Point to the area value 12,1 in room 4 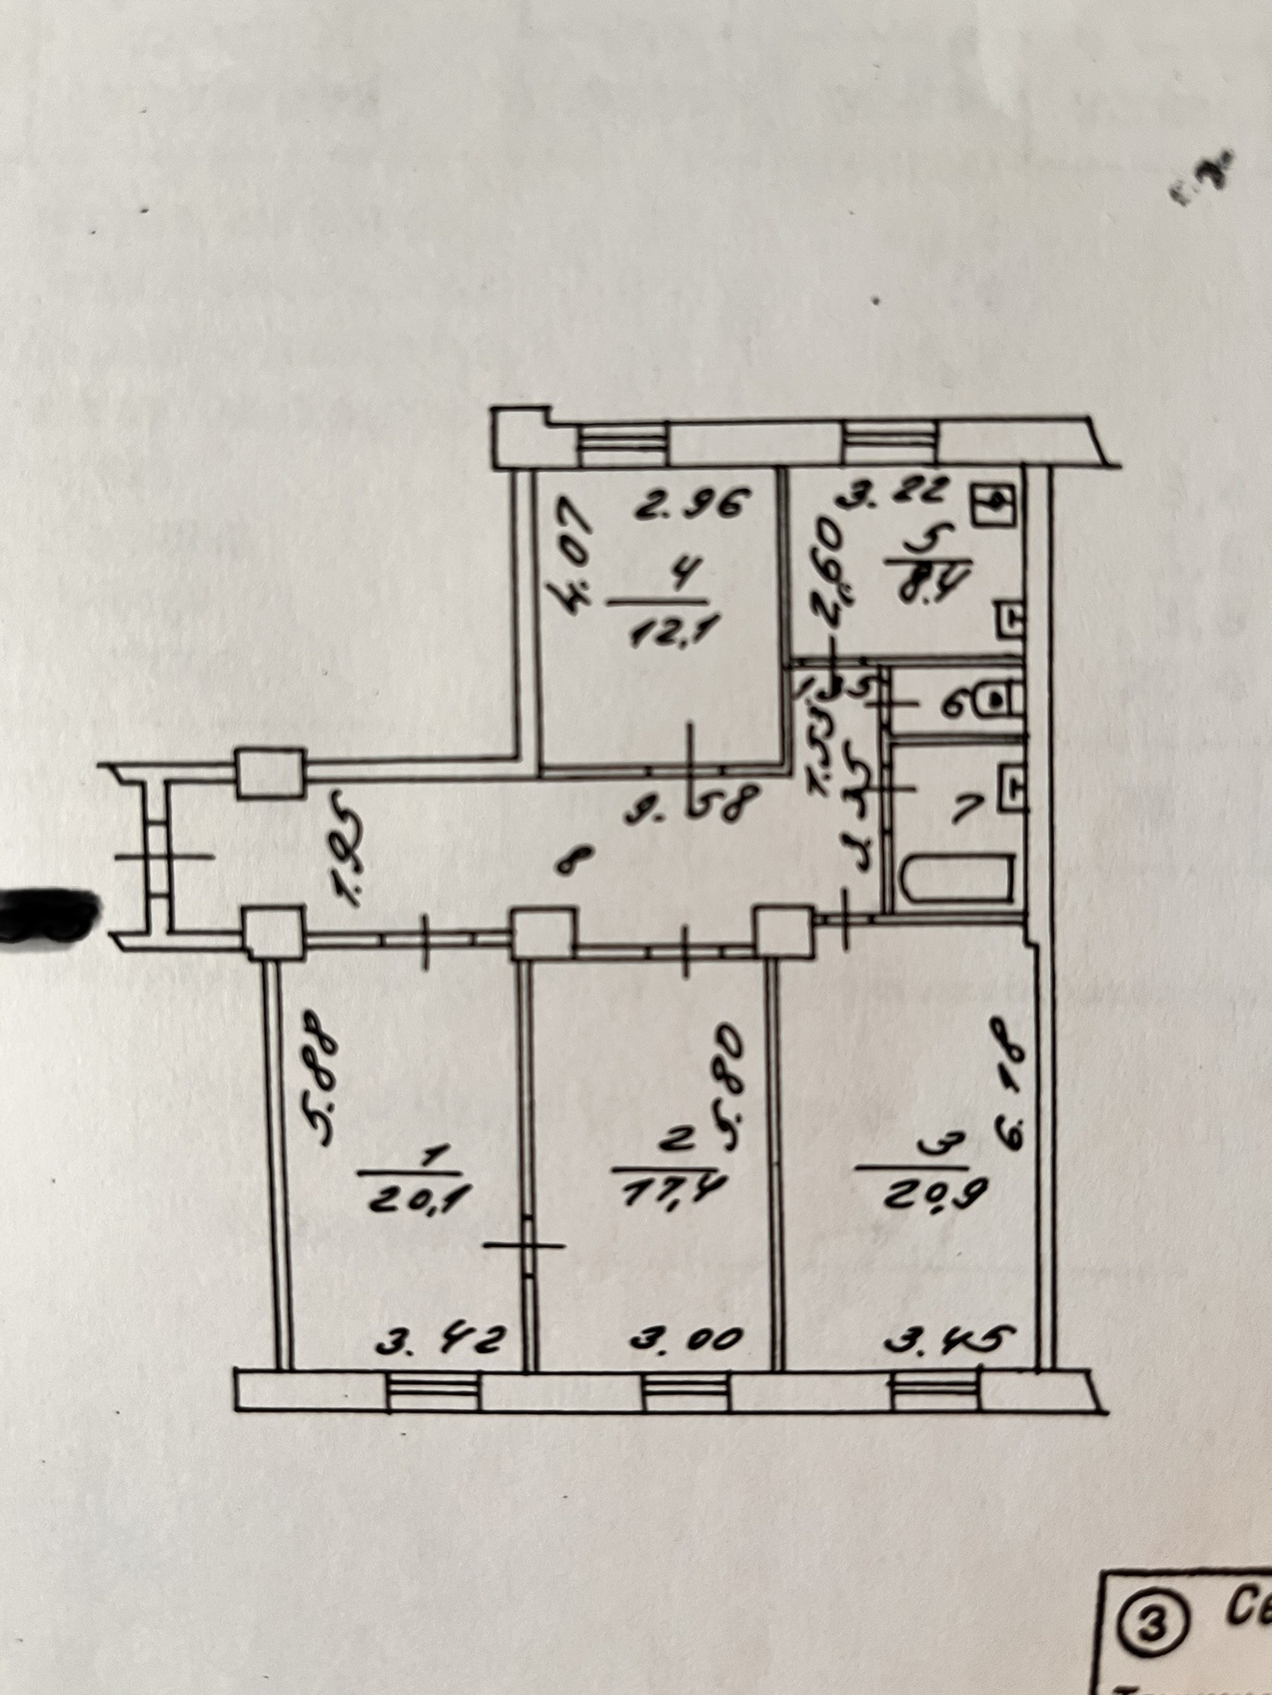(x=667, y=632)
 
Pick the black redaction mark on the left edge (x=44, y=914)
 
